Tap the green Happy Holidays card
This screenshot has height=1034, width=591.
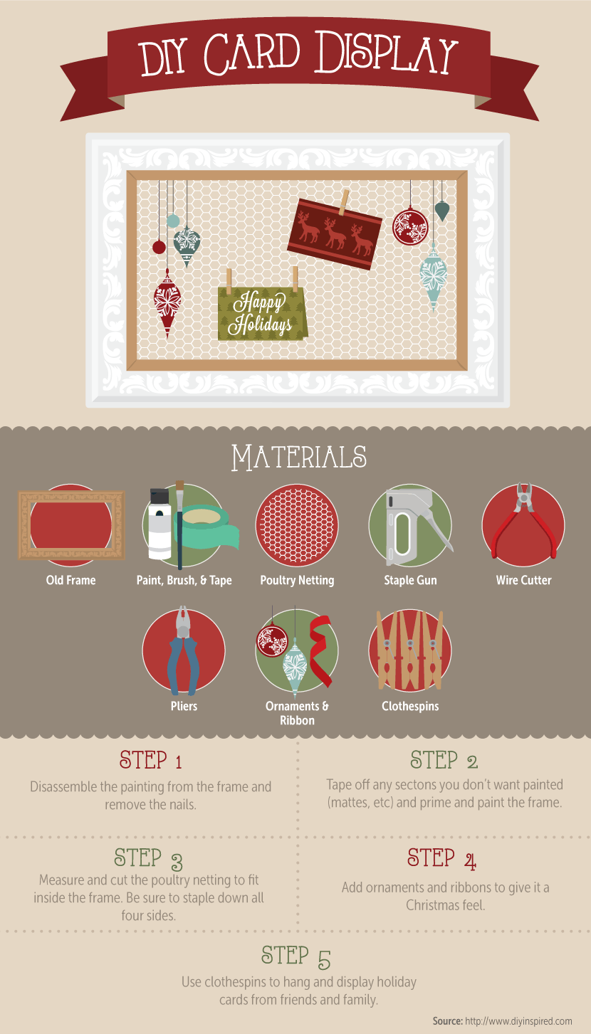(x=262, y=313)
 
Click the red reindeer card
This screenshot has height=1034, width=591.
(x=335, y=234)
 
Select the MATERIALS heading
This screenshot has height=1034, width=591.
(x=299, y=458)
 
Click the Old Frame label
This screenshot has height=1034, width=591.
(x=70, y=580)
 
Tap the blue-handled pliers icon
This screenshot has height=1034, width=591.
(x=184, y=651)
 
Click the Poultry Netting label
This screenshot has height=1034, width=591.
(x=297, y=580)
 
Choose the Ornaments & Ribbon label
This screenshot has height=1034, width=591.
(x=297, y=713)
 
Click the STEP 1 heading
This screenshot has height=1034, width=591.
(x=150, y=760)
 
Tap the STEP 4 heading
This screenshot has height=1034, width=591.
(x=441, y=859)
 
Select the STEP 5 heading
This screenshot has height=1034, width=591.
(x=295, y=956)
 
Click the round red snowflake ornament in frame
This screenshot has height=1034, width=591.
(x=410, y=226)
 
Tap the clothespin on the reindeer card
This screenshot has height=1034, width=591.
(x=344, y=202)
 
